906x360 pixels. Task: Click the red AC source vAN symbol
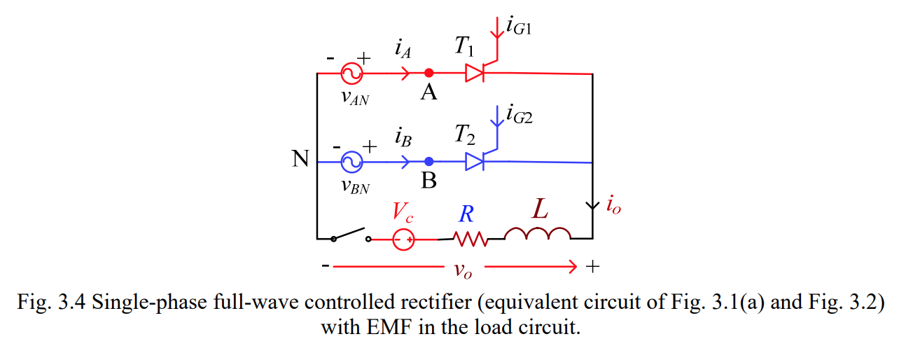pos(349,73)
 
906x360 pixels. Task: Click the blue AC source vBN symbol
pos(349,162)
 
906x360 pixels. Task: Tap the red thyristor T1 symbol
pos(476,73)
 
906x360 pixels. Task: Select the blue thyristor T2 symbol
pos(475,162)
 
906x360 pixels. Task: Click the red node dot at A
pos(429,73)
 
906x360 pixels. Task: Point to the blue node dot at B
pos(429,162)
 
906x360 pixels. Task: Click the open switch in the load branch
pos(351,235)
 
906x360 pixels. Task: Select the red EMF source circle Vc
pos(403,240)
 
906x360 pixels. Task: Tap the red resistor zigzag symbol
pos(471,240)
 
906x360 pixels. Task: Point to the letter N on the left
pos(300,160)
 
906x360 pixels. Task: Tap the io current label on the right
pos(613,207)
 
